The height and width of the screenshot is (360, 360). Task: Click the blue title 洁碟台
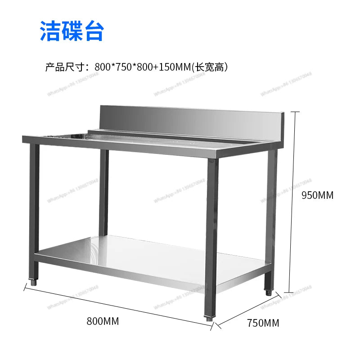72,31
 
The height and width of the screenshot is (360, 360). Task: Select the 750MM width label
263,323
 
